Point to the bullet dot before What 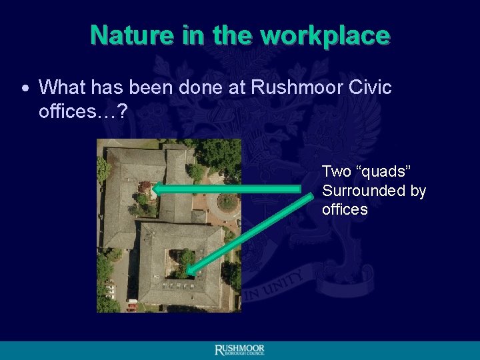click(25, 88)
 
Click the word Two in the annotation click(337, 171)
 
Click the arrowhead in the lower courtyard click(190, 270)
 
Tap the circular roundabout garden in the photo click(227, 201)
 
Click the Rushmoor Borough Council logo click(239, 350)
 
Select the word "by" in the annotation click(418, 191)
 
